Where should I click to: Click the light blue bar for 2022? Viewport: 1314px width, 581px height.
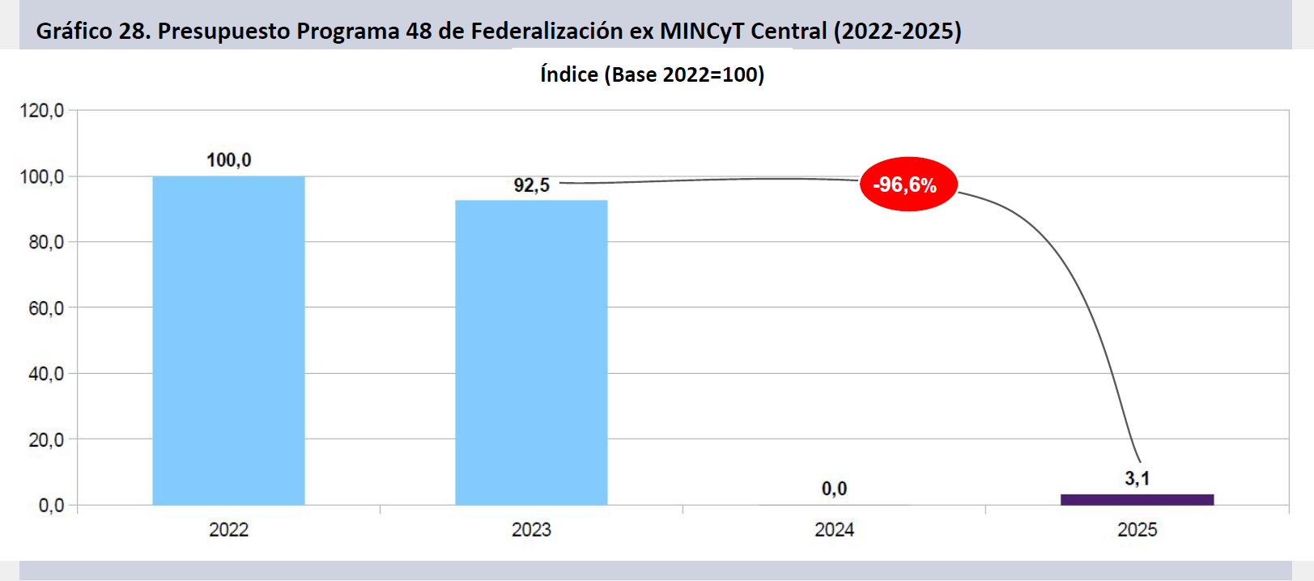[228, 340]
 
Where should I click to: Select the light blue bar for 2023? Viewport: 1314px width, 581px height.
[531, 352]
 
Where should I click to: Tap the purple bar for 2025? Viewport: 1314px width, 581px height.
[1137, 499]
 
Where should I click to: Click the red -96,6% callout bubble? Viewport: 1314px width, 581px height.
[908, 184]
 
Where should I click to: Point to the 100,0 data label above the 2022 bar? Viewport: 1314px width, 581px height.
[228, 160]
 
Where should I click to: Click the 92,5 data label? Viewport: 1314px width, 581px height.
[531, 185]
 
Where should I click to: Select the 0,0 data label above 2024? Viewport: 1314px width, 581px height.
[834, 489]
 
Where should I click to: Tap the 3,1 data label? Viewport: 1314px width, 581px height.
[1137, 478]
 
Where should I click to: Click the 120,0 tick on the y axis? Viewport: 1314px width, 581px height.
[42, 110]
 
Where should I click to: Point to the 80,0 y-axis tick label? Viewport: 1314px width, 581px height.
[46, 242]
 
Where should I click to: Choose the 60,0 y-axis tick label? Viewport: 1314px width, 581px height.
[46, 308]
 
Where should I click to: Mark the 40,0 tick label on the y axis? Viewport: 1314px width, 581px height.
[46, 374]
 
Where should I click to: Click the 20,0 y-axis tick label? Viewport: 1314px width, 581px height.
[46, 440]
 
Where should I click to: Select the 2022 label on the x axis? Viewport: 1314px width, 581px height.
[228, 530]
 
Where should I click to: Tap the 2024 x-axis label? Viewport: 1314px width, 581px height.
[834, 530]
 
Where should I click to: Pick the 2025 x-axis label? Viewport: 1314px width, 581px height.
[1137, 530]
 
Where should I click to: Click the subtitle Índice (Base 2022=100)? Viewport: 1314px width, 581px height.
[652, 74]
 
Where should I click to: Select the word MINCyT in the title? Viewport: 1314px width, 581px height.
[702, 31]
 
